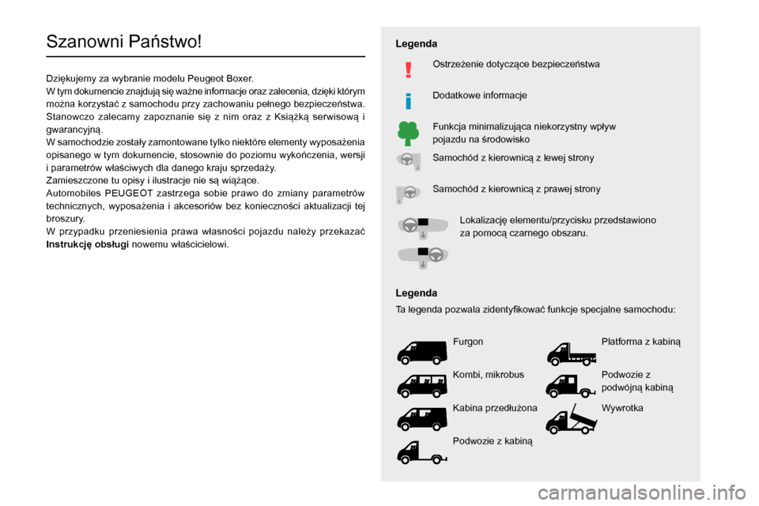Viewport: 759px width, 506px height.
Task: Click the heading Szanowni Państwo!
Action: (x=124, y=41)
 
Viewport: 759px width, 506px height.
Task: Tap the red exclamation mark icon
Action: (x=408, y=70)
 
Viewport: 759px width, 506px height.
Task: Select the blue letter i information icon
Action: (x=408, y=100)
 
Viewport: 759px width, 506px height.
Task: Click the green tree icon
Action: (x=408, y=133)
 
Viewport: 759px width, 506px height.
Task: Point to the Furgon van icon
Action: (x=421, y=350)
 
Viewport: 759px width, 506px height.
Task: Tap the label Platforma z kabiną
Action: (x=640, y=342)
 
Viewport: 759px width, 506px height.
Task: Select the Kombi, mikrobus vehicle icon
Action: (x=421, y=383)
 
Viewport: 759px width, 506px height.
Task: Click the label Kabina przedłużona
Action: (x=495, y=408)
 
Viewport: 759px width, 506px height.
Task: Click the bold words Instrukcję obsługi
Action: (x=88, y=244)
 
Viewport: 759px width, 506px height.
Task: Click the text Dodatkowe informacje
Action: (x=479, y=95)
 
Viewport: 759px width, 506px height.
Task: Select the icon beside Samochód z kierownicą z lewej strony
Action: (x=408, y=162)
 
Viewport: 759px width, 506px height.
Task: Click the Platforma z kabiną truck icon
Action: (x=571, y=351)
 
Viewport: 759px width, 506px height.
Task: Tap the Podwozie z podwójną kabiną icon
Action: (x=571, y=384)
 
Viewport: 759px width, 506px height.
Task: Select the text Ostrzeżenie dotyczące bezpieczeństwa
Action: (x=515, y=63)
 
